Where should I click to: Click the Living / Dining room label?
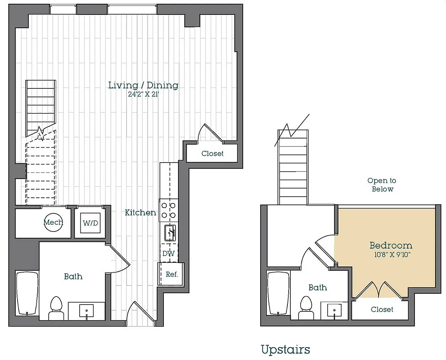click(143, 85)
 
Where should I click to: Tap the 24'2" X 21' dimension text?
click(144, 94)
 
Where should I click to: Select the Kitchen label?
click(140, 213)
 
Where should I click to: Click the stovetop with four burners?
click(168, 210)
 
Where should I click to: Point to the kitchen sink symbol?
click(170, 233)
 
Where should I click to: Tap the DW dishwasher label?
click(168, 253)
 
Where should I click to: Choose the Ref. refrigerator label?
click(172, 274)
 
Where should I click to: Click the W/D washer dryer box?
click(91, 223)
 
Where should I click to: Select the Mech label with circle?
click(53, 222)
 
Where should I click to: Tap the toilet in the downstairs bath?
click(56, 308)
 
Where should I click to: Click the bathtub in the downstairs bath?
click(27, 293)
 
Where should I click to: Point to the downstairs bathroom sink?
click(86, 311)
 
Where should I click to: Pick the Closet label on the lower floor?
click(212, 153)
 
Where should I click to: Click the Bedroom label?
click(391, 245)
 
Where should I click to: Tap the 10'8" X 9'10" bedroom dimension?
click(392, 255)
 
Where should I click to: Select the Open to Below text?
click(382, 185)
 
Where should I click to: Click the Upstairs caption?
click(286, 350)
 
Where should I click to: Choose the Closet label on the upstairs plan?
click(382, 309)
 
